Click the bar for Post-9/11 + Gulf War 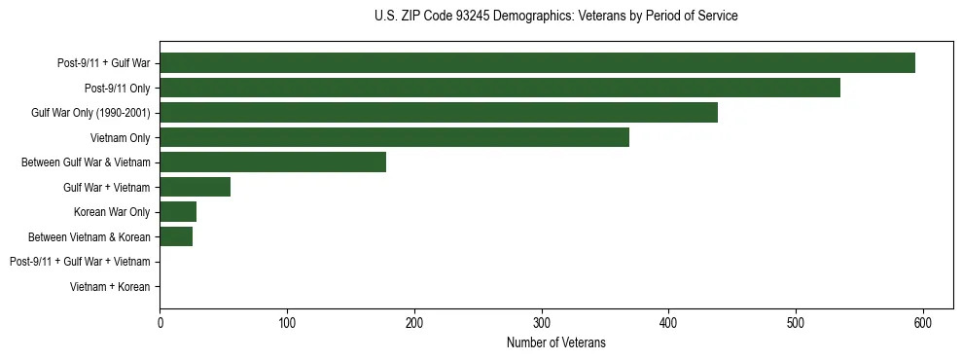coord(537,63)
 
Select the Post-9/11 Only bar coord(500,88)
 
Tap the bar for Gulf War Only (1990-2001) coord(439,113)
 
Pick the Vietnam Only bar coord(394,137)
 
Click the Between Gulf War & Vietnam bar coord(272,162)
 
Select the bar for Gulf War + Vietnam coord(195,187)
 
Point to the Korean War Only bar coord(178,212)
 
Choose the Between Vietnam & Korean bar coord(176,236)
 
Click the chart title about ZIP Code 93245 coord(555,17)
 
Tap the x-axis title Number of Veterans coord(555,342)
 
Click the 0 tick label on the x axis coord(160,323)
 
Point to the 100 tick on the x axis coord(287,323)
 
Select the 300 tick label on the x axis coord(542,323)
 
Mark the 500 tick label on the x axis coord(796,323)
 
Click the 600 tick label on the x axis coord(923,323)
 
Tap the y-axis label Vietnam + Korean coord(110,287)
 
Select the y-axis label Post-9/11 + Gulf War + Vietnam coord(80,262)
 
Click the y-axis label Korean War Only coord(112,212)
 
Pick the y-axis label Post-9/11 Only coord(117,89)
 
